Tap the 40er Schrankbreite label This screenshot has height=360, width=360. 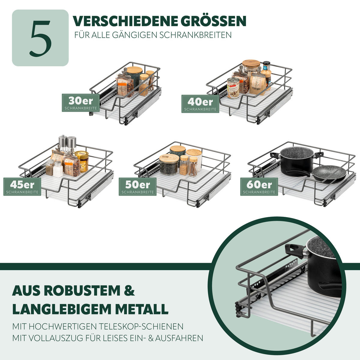[200, 104]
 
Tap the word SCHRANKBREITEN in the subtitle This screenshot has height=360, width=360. [196, 35]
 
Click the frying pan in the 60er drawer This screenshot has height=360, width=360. [329, 173]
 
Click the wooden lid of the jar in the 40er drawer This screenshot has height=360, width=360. [251, 63]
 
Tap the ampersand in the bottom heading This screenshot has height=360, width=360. [129, 291]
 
